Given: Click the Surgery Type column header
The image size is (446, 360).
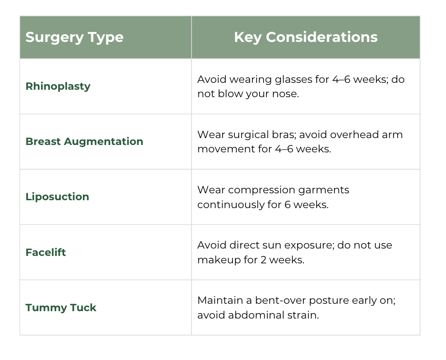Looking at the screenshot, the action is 74,38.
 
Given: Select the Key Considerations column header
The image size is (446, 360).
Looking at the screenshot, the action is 306,37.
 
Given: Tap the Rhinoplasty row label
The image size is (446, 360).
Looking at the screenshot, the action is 58,86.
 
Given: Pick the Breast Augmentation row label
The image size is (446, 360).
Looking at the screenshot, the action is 84,142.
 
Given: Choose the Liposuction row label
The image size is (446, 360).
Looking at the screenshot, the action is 57,197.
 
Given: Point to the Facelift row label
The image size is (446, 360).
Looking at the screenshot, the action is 46,252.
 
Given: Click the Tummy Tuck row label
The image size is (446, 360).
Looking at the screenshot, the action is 61,308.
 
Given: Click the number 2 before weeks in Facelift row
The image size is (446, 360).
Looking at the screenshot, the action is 263,260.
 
